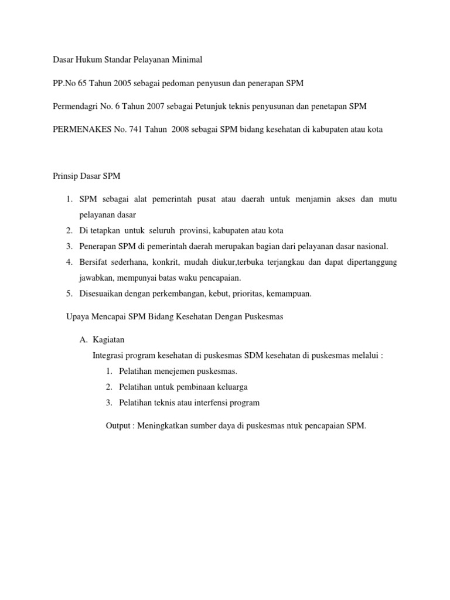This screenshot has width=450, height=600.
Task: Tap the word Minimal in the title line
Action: tap(187, 60)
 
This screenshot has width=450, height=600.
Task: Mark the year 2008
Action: tap(184, 129)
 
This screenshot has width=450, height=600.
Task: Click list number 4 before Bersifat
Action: tap(69, 262)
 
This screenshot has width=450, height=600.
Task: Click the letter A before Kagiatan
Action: tap(83, 340)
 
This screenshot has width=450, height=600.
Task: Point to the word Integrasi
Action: tap(110, 355)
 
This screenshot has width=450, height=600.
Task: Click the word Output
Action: tap(119, 426)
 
